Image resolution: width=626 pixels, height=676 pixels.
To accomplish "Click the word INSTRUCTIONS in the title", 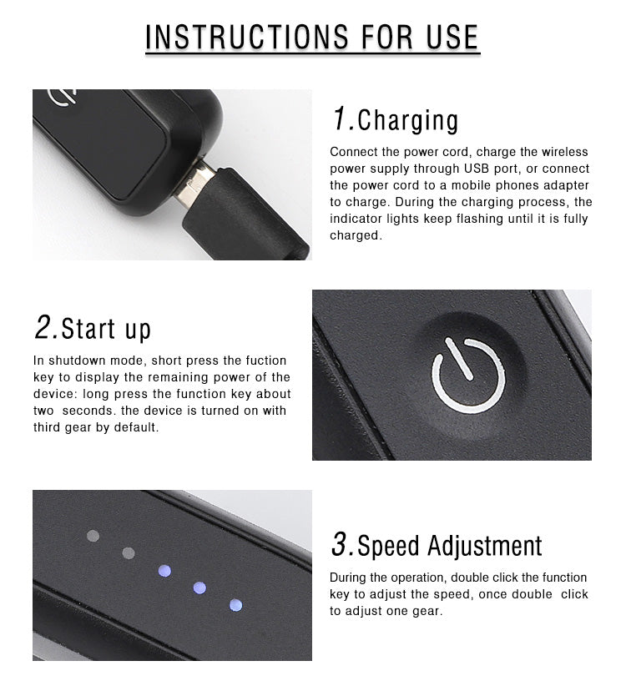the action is point(247,37).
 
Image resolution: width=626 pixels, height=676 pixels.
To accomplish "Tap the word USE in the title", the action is point(452,37).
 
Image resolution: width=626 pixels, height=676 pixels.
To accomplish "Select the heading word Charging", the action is point(408,121).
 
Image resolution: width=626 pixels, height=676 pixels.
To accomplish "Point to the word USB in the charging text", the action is point(477,169).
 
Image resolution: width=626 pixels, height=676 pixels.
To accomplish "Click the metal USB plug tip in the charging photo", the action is point(196,185).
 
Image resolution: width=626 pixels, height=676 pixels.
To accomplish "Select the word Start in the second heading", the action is point(88,329).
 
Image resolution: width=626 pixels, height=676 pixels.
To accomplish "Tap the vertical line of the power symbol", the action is point(459,359).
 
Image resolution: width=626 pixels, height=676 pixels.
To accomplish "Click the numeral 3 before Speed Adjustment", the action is point(340,543).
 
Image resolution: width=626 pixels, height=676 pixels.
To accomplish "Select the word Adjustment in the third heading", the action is point(485,546).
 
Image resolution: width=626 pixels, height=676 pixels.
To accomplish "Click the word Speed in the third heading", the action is point(388,547).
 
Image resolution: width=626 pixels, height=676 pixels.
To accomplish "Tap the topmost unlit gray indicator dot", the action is point(93,536).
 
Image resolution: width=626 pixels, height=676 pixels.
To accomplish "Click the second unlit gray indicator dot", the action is point(129,553).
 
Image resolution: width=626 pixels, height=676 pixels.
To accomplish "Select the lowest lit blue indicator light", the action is point(235,605).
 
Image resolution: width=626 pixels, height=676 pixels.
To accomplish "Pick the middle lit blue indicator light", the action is point(199,588).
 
